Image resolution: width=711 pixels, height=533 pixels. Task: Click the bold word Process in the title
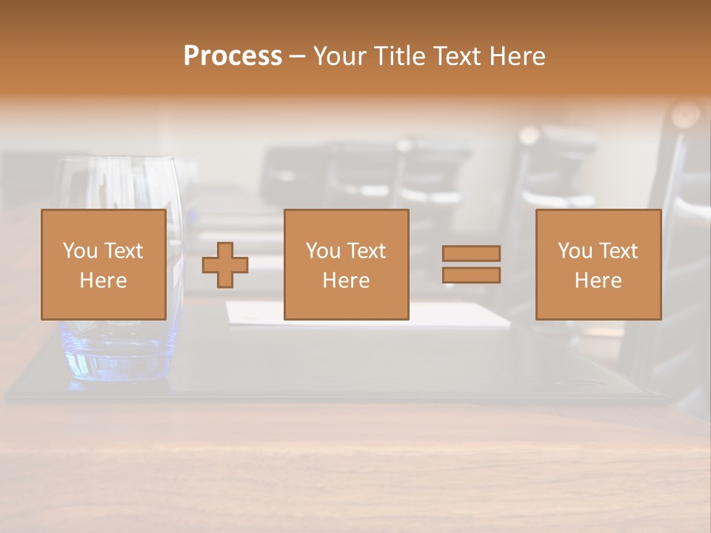[x=233, y=56]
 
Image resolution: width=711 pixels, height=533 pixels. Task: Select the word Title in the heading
[x=400, y=56]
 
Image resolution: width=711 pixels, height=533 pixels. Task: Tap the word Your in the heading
[x=341, y=56]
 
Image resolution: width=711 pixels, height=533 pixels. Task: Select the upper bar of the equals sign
[x=471, y=253]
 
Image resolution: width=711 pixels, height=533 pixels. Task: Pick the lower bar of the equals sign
[x=471, y=275]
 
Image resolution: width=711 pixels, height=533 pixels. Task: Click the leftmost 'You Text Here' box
[x=103, y=264]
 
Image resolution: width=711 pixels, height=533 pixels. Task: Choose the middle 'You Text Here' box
[x=346, y=264]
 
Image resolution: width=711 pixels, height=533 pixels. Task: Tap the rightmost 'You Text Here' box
[x=598, y=264]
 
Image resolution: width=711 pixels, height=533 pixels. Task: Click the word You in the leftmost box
[x=80, y=251]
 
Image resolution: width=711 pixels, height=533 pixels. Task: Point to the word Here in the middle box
[x=346, y=281]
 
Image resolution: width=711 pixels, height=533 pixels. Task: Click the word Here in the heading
[x=518, y=56]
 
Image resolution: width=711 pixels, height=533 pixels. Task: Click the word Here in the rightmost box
[x=598, y=281]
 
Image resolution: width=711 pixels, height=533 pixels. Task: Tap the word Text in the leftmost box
[x=124, y=251]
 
